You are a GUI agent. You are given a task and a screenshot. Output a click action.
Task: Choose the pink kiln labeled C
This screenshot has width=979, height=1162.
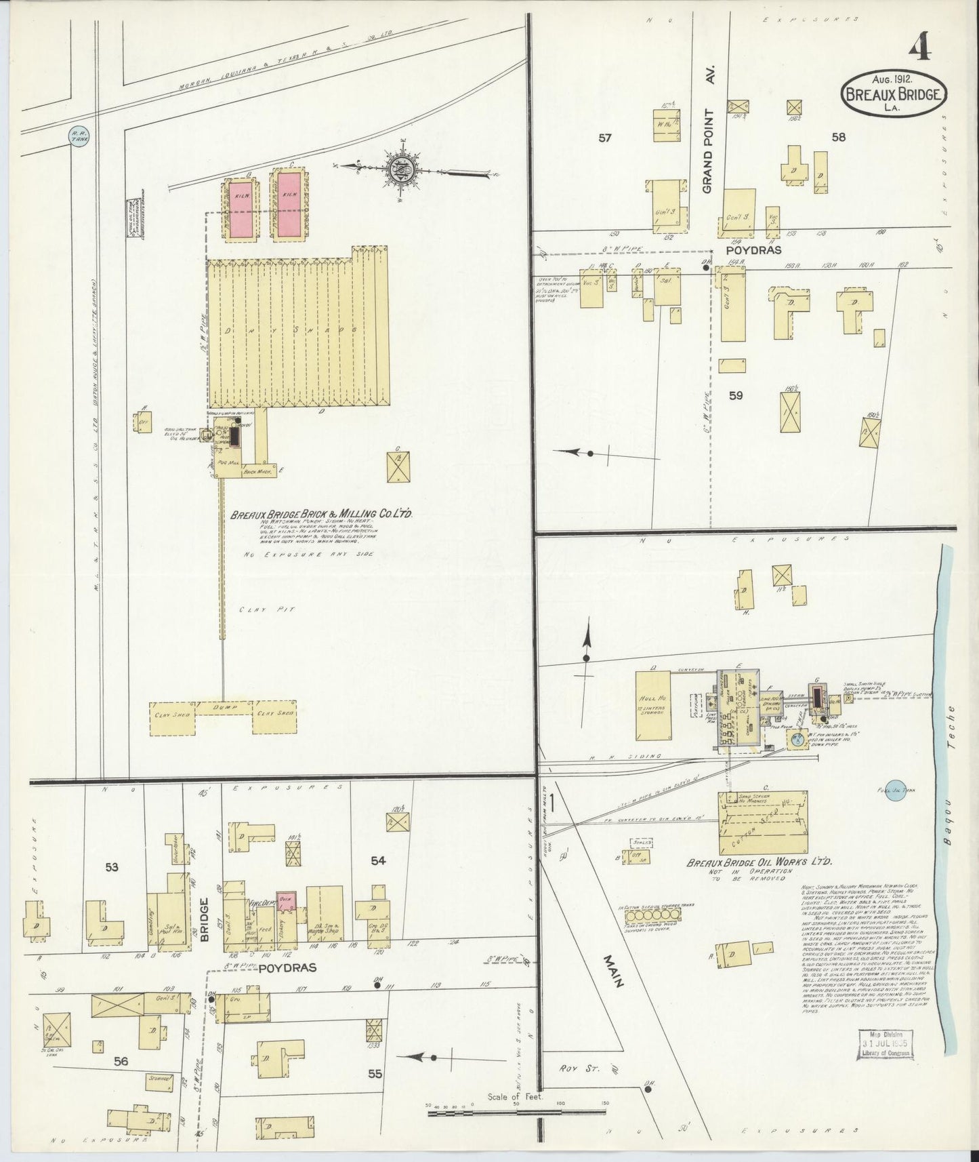(x=287, y=205)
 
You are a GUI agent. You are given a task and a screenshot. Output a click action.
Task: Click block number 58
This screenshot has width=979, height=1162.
(x=839, y=138)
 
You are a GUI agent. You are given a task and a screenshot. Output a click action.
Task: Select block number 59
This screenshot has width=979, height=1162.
(x=736, y=395)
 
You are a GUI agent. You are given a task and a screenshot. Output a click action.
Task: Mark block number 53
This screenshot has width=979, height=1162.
(x=112, y=866)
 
